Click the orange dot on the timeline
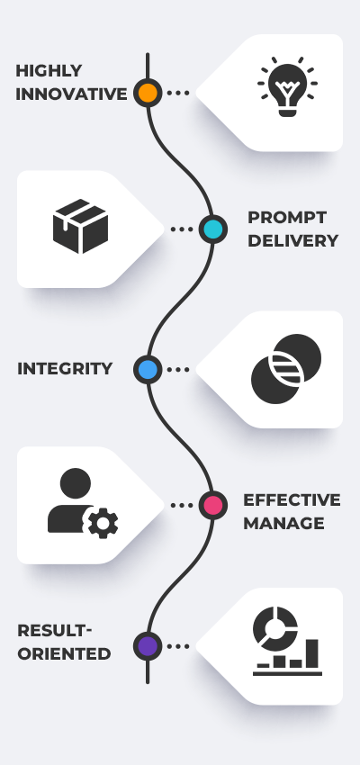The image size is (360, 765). click(x=148, y=93)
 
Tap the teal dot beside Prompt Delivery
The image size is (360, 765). click(x=212, y=229)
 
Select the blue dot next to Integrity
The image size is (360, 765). click(x=148, y=369)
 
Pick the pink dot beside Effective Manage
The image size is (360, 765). click(x=212, y=506)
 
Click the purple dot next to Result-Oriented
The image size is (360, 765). click(x=148, y=645)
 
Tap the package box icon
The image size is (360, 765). click(x=80, y=227)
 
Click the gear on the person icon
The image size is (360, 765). click(x=102, y=523)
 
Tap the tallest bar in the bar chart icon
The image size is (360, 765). click(x=310, y=654)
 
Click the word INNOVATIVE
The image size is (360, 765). click(x=71, y=94)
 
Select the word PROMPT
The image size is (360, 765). click(x=286, y=218)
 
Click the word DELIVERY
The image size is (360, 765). click(x=292, y=241)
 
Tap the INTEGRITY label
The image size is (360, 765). click(x=65, y=369)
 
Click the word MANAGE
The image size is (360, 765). click(x=283, y=523)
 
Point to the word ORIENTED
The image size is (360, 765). click(x=64, y=654)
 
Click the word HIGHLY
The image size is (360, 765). click(x=49, y=71)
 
